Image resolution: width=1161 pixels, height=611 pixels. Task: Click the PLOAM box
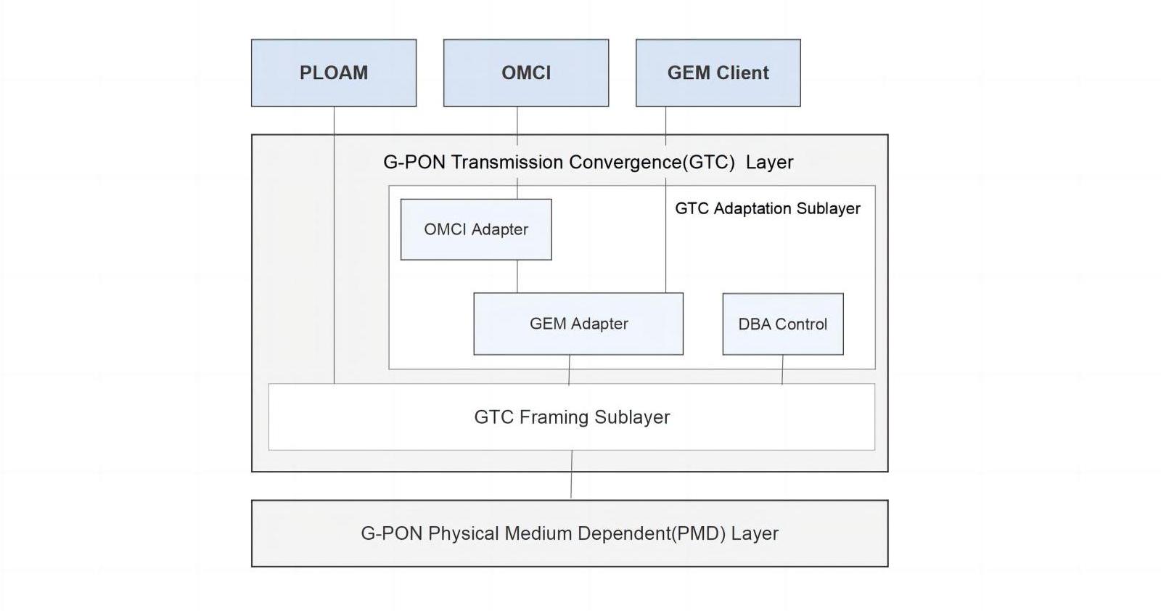pos(334,73)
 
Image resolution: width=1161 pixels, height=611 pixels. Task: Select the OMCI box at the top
pos(526,73)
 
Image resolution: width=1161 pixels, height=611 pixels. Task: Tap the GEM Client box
pos(718,73)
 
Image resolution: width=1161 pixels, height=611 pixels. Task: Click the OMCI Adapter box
pos(476,229)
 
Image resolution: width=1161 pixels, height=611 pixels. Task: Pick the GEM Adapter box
pos(578,324)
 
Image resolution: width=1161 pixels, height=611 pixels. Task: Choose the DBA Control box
pos(782,324)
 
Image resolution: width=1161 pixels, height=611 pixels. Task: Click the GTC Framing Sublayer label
pos(572,417)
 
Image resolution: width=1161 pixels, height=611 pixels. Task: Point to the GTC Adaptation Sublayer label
pos(767,208)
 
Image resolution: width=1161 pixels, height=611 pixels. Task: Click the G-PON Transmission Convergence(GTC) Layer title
pos(588,162)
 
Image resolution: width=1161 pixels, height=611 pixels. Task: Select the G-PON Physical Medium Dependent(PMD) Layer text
pos(570,533)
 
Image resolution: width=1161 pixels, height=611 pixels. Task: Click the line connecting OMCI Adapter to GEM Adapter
pos(517,276)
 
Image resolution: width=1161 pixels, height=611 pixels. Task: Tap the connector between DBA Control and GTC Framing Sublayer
pos(782,369)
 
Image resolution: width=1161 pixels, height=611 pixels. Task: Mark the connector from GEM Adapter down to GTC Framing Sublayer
pos(569,369)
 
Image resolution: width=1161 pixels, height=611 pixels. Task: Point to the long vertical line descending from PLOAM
pos(335,247)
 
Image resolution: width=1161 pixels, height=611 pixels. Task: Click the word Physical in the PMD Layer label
pos(463,533)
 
